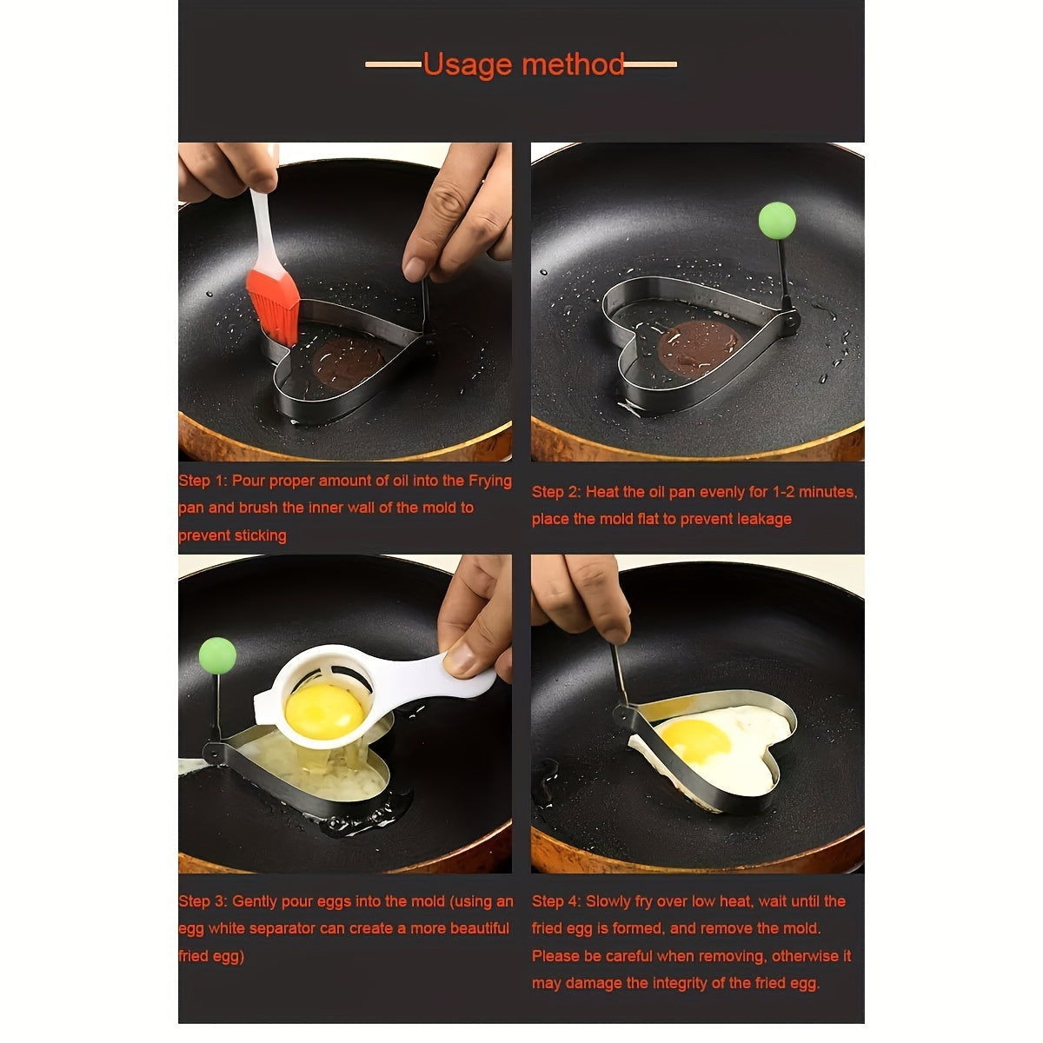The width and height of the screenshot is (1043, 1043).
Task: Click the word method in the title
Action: point(574,65)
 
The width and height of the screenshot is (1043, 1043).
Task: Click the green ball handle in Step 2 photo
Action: point(776,221)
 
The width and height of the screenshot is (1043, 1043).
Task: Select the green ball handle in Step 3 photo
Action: point(217,655)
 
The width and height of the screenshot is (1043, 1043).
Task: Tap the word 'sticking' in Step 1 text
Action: point(259,535)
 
